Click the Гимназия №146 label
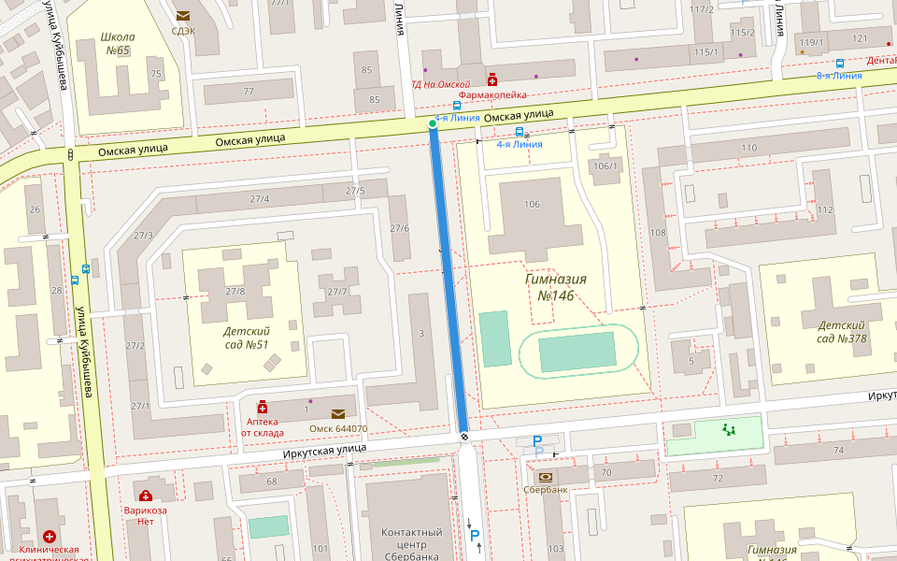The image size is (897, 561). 555,287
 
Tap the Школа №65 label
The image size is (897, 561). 118,44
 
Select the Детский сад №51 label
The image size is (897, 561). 247,338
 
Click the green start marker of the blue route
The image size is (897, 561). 432,123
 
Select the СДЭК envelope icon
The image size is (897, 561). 183,15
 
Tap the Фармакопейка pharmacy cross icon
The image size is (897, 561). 491,80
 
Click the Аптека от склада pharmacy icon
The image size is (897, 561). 263,407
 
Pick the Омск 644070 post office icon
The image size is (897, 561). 337,413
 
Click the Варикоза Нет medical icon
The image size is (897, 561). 145,496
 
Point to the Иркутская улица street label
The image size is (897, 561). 324,450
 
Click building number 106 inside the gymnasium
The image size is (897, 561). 533,204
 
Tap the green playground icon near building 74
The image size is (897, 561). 729,430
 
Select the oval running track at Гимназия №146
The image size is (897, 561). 579,352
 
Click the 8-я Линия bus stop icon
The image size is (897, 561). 840,64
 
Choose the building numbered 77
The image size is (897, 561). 249,92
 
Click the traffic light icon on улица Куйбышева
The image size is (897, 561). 71,154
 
